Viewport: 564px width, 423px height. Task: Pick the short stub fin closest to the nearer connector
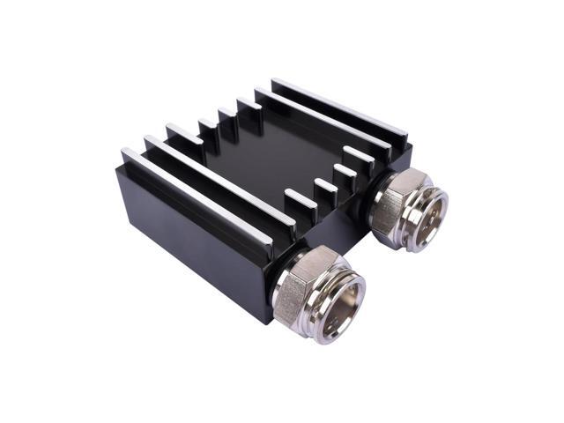(x=300, y=198)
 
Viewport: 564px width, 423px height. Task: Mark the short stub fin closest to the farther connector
(x=357, y=159)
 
